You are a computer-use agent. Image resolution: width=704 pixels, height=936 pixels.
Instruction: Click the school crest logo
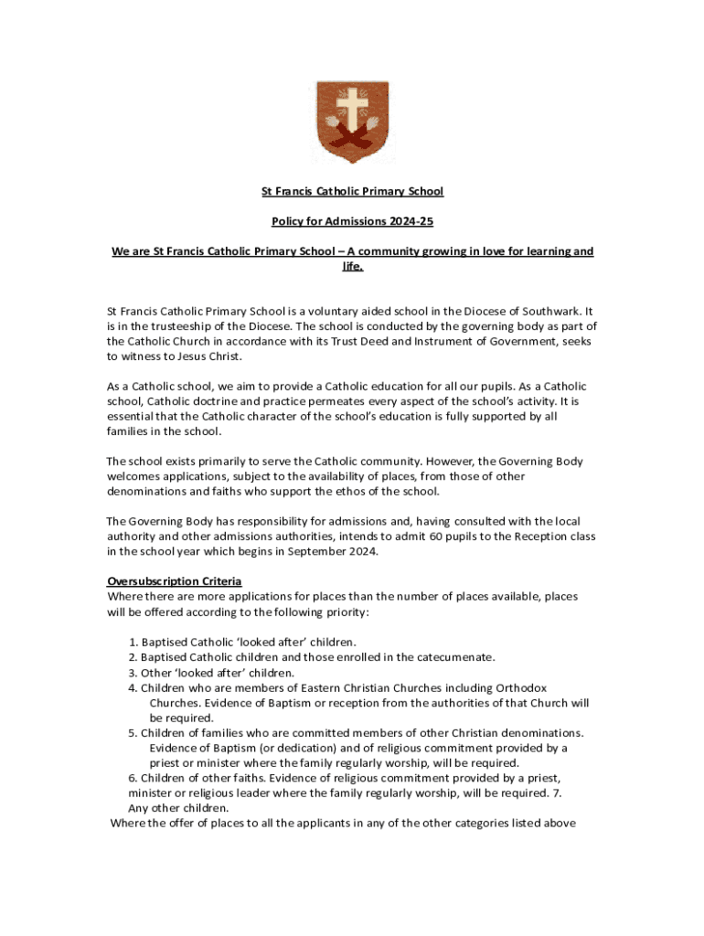[x=352, y=122]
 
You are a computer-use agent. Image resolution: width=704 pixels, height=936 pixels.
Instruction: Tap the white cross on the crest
[x=352, y=109]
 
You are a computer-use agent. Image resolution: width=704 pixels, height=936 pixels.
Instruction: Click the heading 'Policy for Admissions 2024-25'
[x=352, y=221]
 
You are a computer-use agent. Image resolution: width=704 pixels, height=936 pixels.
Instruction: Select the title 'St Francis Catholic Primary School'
[x=352, y=191]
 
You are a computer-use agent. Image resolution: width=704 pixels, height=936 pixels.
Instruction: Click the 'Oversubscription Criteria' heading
[x=174, y=581]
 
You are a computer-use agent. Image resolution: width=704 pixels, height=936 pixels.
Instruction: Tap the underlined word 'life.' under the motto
[x=352, y=266]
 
